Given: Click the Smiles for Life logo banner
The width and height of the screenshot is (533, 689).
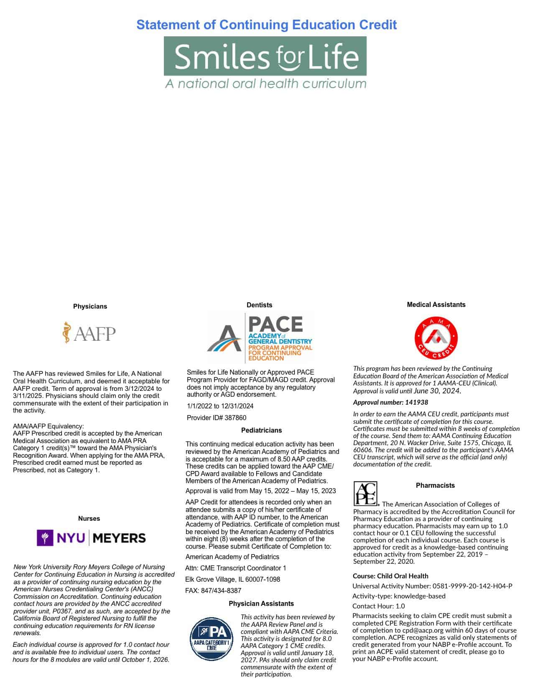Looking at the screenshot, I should click(x=265, y=56).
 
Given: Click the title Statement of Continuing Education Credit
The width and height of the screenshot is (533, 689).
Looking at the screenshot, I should click(x=266, y=25).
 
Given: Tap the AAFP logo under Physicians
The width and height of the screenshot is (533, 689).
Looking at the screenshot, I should click(x=89, y=333).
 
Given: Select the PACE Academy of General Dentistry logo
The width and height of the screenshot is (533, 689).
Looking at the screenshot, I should click(x=260, y=338).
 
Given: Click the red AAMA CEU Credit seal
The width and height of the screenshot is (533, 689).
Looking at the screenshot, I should click(x=436, y=338).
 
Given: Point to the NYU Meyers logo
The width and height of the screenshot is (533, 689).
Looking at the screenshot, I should click(x=91, y=538).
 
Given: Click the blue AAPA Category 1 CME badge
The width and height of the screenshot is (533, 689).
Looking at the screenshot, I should click(x=212, y=639).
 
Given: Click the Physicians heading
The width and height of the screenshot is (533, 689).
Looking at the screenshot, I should click(x=90, y=307).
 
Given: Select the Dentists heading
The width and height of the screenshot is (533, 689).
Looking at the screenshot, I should click(x=259, y=305).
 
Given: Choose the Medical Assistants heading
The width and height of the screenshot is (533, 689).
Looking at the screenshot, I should click(x=436, y=305).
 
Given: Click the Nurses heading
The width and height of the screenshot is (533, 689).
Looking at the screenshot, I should click(x=89, y=519).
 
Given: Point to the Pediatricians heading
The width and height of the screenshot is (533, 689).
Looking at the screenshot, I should click(x=261, y=431).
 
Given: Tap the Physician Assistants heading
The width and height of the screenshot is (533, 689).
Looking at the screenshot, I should click(x=261, y=604).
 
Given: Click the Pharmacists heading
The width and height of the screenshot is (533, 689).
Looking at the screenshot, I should click(x=435, y=486).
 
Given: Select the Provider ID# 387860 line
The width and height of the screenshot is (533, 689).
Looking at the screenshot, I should click(x=217, y=418).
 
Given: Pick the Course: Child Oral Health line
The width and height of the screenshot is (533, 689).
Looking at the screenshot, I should click(x=390, y=576).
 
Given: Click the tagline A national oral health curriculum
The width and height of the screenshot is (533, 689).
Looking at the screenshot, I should click(x=265, y=84).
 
